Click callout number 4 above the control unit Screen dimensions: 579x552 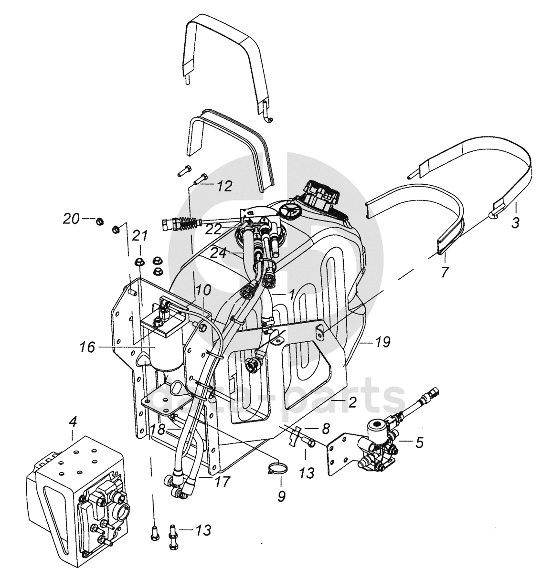coord(73,422)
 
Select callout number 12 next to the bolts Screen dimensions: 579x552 coord(225,186)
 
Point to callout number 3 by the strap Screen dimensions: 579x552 coord(515,222)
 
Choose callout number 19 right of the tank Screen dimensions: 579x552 coord(383,342)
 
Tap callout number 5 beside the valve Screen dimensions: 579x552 coord(419,442)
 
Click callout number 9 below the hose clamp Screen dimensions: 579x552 coord(281,496)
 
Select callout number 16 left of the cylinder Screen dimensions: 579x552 coord(87,347)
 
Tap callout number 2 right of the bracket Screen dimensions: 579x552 coord(352,402)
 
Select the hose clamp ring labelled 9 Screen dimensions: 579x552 coord(278,470)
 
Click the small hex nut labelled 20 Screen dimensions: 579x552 coord(100,221)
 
